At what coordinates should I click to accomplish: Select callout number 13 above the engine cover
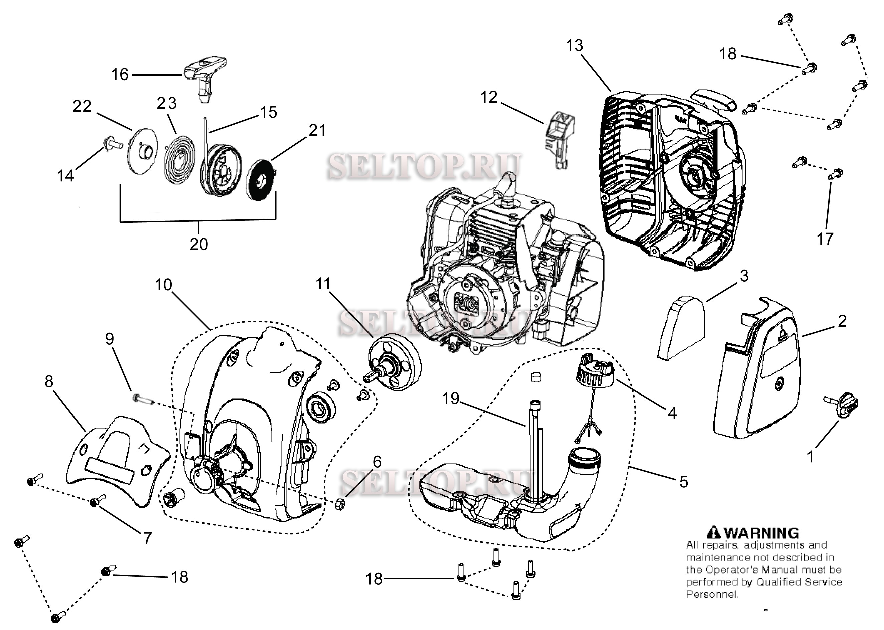point(574,46)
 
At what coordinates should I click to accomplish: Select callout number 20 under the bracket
point(198,244)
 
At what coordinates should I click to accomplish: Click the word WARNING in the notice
point(762,533)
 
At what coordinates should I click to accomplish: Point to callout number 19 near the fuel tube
point(451,399)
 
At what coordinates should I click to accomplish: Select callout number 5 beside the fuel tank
point(684,481)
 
